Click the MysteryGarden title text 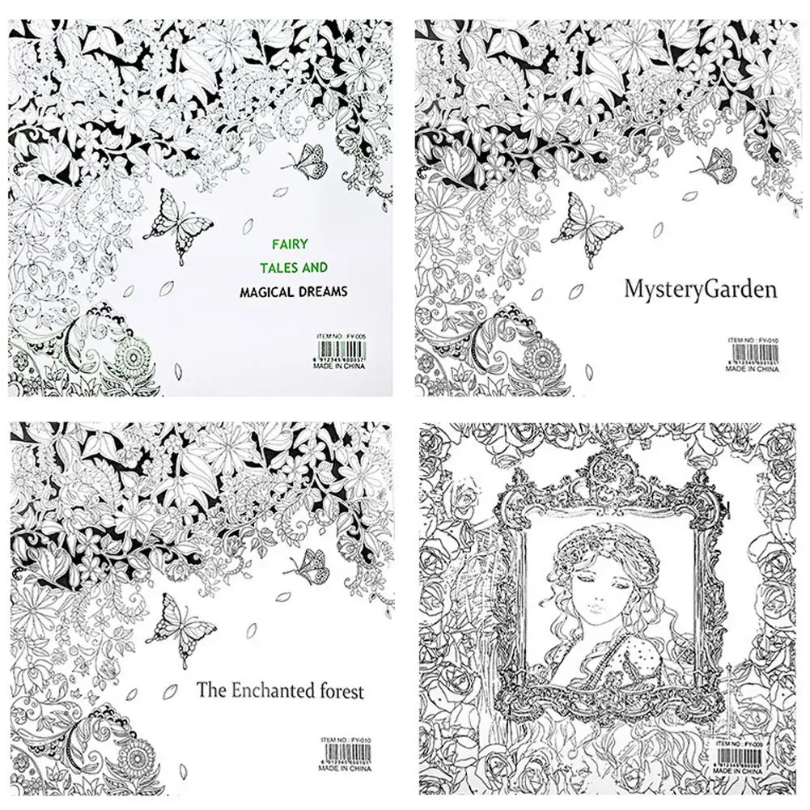click(700, 288)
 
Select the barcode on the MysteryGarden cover click(753, 354)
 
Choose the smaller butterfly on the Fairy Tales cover click(306, 162)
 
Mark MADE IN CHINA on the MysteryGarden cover click(752, 369)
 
